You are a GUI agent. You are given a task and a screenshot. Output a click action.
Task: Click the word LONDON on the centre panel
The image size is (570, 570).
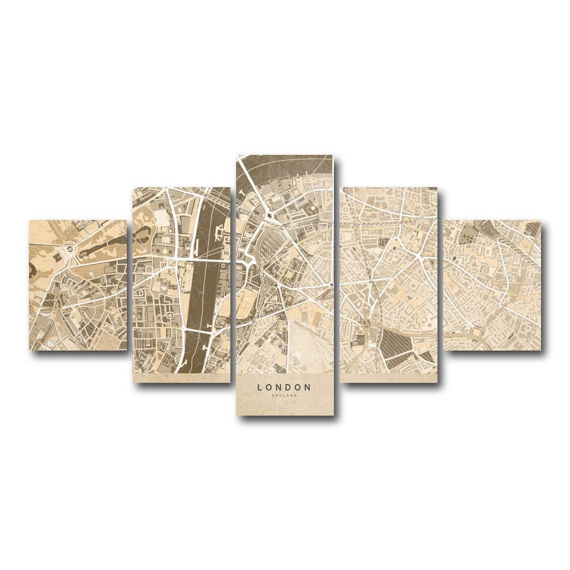coord(284,387)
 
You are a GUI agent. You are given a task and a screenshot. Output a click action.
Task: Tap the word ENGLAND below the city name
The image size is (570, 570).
coord(284,395)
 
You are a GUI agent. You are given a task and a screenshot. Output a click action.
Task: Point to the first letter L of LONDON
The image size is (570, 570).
coord(259,387)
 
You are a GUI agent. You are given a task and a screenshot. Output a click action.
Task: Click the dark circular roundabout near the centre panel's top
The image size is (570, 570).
coord(269,215)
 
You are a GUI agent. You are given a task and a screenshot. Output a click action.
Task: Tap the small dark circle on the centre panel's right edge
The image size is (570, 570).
coord(331,285)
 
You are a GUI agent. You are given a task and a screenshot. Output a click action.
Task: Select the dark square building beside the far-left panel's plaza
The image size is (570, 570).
coord(58,256)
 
